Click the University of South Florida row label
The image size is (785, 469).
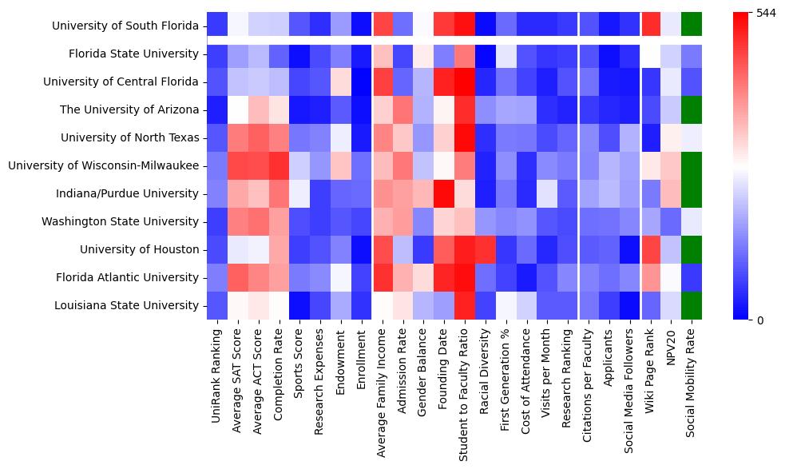click(125, 26)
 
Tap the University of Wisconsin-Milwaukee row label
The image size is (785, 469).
click(104, 166)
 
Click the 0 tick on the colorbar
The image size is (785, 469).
click(760, 320)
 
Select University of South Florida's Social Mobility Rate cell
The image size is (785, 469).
click(692, 26)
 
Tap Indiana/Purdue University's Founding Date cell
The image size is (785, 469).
click(443, 194)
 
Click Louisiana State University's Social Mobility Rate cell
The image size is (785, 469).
click(692, 306)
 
